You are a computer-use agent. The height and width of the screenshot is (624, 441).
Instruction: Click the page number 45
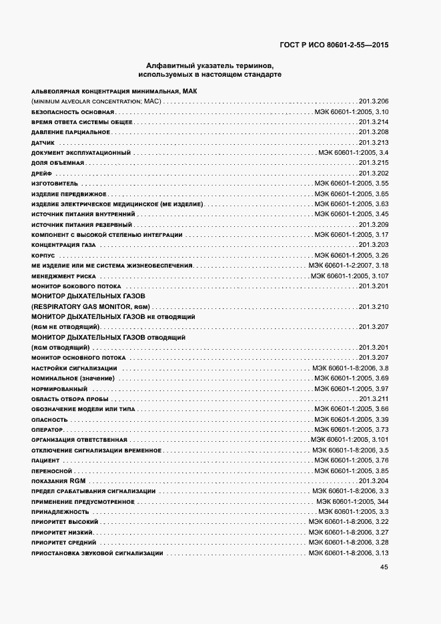point(384,567)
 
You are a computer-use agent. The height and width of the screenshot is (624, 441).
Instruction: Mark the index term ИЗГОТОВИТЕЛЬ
point(55,184)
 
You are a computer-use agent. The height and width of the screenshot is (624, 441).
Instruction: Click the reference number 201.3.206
point(374,101)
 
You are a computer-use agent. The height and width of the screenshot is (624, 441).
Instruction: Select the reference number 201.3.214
point(374,122)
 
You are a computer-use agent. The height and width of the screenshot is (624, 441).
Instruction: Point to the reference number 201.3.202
point(374,174)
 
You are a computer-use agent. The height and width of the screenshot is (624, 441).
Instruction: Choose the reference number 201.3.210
point(374,306)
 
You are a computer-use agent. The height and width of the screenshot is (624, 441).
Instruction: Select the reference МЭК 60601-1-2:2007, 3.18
point(348,266)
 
